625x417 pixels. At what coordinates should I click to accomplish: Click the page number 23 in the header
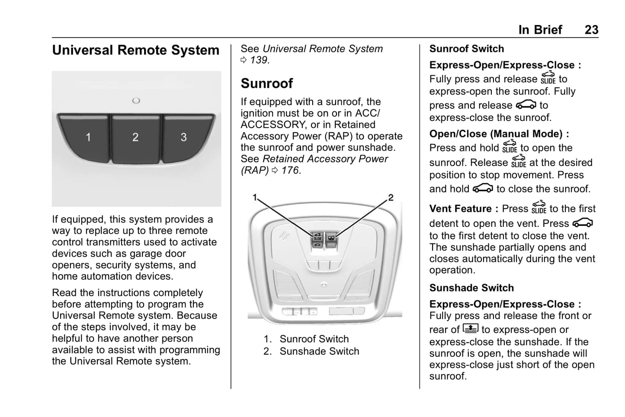[x=592, y=30]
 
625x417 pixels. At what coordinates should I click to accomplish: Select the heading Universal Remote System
[x=136, y=50]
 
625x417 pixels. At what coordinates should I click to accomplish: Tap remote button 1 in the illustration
[x=85, y=137]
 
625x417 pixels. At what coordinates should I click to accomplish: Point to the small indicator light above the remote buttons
[x=136, y=100]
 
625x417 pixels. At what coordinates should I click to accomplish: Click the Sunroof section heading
[x=267, y=83]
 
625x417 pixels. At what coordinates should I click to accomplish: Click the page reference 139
[x=259, y=60]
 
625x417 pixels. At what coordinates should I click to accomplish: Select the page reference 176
[x=290, y=170]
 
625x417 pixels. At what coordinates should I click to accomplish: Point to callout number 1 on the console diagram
[x=254, y=197]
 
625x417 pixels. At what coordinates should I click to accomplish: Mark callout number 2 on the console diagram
[x=391, y=197]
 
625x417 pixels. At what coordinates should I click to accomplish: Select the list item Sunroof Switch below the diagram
[x=314, y=339]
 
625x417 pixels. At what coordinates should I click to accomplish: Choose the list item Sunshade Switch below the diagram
[x=319, y=351]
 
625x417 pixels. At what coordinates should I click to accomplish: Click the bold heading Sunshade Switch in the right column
[x=471, y=288]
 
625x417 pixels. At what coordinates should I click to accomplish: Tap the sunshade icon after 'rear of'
[x=470, y=329]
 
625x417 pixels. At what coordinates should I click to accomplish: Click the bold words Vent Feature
[x=460, y=208]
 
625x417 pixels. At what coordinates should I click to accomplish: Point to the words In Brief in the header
[x=540, y=30]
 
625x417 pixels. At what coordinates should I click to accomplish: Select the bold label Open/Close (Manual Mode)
[x=496, y=134]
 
